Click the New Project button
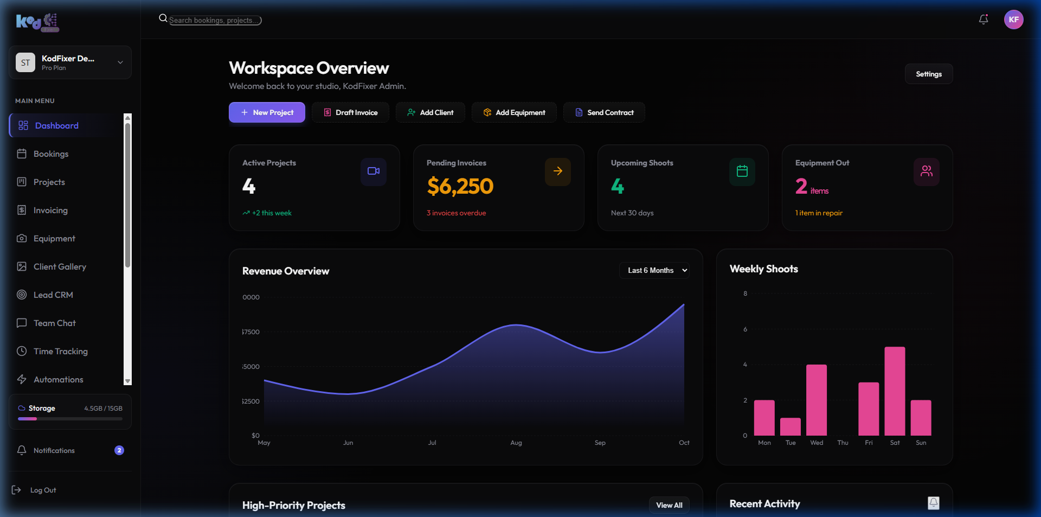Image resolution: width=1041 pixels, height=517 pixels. [x=267, y=112]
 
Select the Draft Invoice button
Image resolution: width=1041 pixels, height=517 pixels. [x=350, y=112]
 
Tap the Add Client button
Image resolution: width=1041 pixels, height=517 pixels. [x=430, y=112]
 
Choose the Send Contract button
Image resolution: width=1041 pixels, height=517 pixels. [x=604, y=112]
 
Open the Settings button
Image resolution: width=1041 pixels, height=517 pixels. [x=928, y=74]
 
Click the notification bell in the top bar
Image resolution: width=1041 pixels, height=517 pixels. [x=983, y=20]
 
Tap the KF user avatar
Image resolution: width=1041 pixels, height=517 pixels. [x=1013, y=20]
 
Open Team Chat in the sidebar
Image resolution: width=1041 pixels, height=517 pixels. [x=54, y=323]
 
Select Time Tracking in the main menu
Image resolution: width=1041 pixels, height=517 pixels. [x=60, y=351]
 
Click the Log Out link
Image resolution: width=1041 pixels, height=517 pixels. [x=43, y=490]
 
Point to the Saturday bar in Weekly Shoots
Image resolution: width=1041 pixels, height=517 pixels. [x=895, y=391]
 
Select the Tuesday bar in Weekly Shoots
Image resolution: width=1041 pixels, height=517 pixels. [x=791, y=426]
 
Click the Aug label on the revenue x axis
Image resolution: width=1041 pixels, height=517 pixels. [x=516, y=443]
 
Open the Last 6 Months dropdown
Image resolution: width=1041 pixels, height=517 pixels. [x=654, y=270]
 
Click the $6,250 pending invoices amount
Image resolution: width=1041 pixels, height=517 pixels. [x=460, y=186]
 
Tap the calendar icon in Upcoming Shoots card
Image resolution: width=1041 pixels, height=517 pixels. [x=742, y=171]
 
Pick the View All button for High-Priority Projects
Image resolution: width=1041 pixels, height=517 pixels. [x=669, y=505]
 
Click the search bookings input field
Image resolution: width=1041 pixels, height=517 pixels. [x=215, y=20]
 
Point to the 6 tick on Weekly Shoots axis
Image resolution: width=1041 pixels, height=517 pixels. [x=745, y=329]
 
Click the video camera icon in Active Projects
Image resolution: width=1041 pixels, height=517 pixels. [x=373, y=171]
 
